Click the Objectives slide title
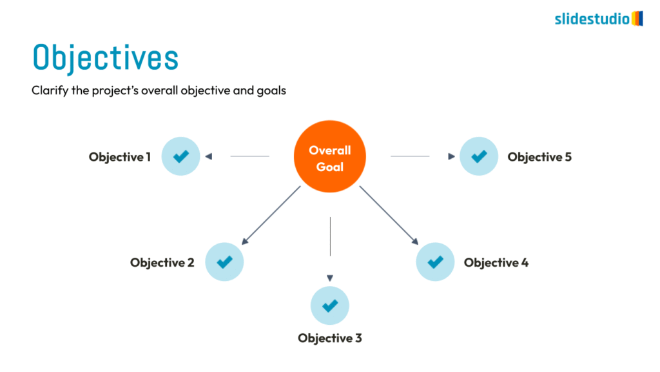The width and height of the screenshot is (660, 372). click(x=105, y=57)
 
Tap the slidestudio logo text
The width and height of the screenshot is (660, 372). click(x=592, y=19)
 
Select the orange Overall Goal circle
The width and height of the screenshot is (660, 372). click(x=330, y=157)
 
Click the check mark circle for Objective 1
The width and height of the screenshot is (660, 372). click(x=181, y=156)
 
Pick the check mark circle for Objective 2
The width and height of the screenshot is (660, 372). click(x=224, y=262)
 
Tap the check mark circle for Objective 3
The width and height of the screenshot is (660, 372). click(x=330, y=305)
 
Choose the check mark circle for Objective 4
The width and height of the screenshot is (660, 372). click(x=436, y=262)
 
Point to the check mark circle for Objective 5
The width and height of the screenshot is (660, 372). click(x=479, y=156)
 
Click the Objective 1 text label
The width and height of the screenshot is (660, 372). click(x=120, y=157)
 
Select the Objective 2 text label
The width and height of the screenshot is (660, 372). click(x=162, y=263)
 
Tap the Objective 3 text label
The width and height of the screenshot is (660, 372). click(x=330, y=338)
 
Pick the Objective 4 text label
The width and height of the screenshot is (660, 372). click(x=496, y=263)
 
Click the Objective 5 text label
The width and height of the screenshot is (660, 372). click(x=539, y=157)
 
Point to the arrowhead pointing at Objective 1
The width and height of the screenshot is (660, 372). click(x=208, y=156)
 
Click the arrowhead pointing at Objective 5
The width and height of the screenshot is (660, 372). click(x=451, y=156)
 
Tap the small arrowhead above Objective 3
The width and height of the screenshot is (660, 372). click(x=330, y=278)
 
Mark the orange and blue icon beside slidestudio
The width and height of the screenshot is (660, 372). click(x=637, y=18)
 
